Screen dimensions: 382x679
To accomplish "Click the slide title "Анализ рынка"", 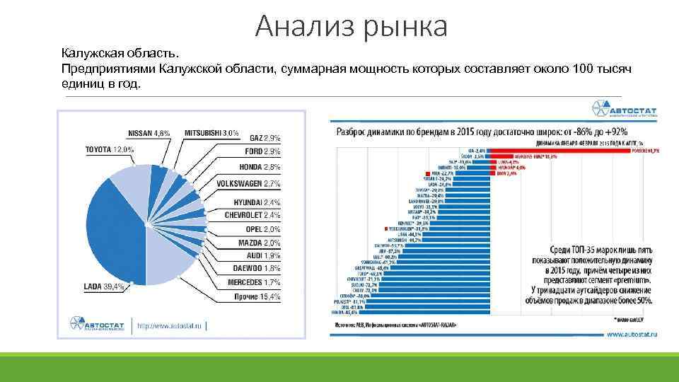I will (x=352, y=27).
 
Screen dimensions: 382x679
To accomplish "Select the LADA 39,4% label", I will (x=104, y=286).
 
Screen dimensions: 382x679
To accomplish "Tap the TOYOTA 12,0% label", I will (x=109, y=150).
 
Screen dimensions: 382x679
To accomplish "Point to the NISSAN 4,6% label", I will (x=149, y=133).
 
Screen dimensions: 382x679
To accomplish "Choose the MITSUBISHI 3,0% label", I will (x=211, y=133).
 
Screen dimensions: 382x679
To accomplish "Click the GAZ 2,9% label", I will (x=265, y=138).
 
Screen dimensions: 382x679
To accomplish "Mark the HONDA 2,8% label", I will (x=260, y=167).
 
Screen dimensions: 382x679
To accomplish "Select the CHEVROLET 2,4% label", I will (x=253, y=214).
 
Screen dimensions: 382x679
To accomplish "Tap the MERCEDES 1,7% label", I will (x=254, y=282).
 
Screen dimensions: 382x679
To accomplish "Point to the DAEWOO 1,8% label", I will (x=257, y=268).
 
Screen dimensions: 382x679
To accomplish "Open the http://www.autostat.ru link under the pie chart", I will (x=170, y=326).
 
